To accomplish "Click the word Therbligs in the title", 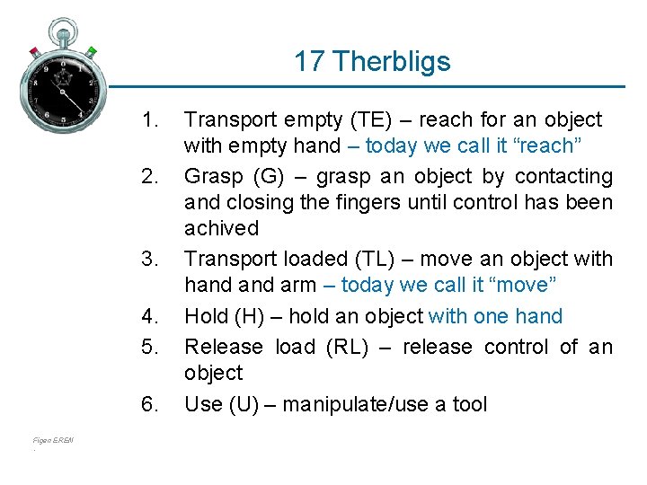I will pyautogui.click(x=391, y=61).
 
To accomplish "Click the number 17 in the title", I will pyautogui.click(x=309, y=61).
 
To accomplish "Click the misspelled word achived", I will pyautogui.click(x=221, y=228).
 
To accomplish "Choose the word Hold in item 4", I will pyautogui.click(x=204, y=316).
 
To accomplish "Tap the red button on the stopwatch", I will pyautogui.click(x=34, y=52).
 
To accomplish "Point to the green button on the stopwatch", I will pyautogui.click(x=92, y=51).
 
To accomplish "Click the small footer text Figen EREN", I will pyautogui.click(x=53, y=440).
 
